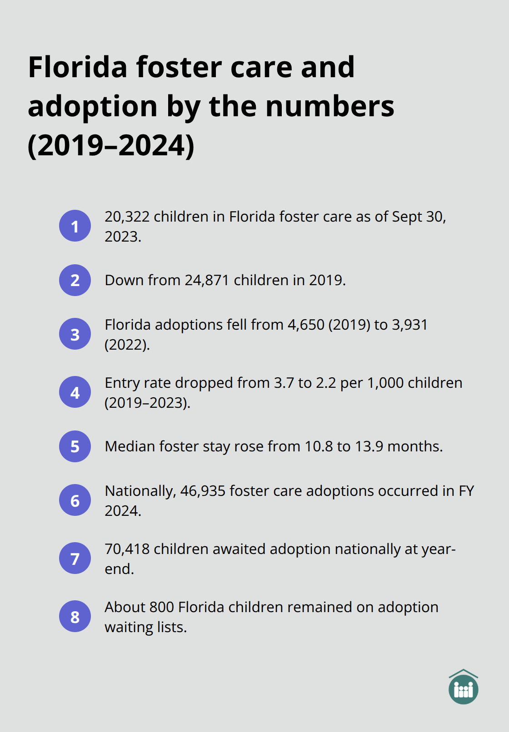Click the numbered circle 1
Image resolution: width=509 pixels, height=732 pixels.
coord(75,226)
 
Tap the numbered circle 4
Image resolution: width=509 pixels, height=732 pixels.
coord(75,392)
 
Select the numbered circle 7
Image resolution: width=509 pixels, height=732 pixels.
coord(75,558)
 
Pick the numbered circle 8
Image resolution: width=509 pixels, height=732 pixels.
coord(75,616)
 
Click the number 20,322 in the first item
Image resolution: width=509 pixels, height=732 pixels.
coord(127,217)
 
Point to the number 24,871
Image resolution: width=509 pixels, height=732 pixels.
coord(207,280)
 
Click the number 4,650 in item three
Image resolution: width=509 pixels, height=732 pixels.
coord(306,325)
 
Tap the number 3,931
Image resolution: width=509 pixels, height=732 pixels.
coord(409,325)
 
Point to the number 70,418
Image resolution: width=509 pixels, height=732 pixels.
coord(127,549)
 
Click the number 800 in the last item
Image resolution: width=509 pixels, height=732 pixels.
coord(162,607)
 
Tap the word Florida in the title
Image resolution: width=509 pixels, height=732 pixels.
coord(78,67)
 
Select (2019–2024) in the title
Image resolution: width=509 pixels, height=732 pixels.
coord(111,145)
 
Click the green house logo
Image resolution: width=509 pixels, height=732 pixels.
coord(463,687)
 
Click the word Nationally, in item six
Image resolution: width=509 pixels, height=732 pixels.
coord(140,491)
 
